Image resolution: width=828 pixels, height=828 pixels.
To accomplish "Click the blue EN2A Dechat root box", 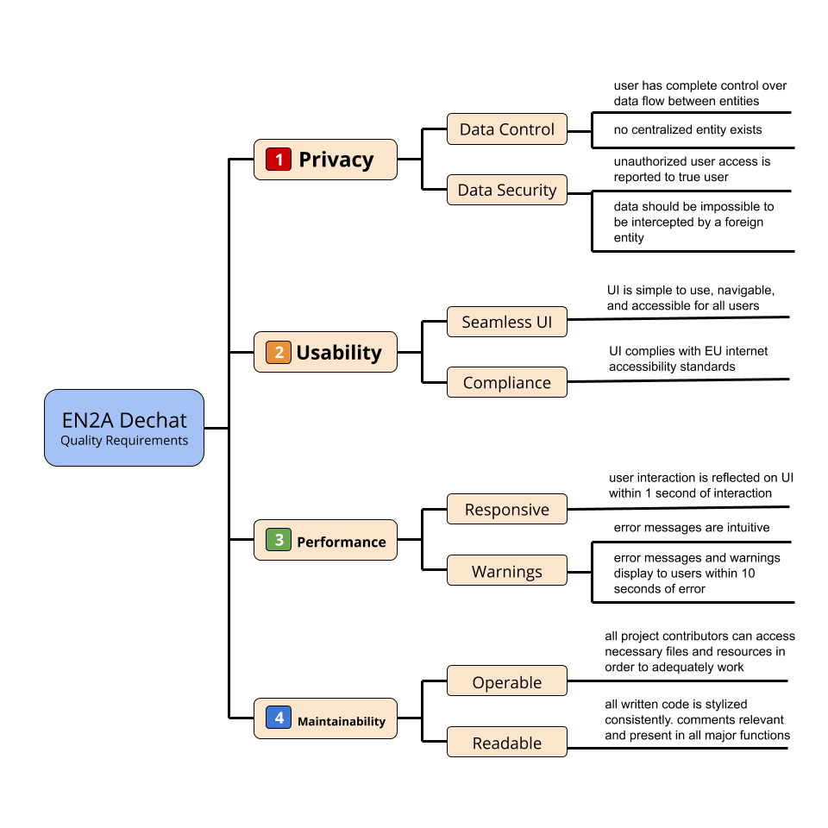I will click(x=124, y=428).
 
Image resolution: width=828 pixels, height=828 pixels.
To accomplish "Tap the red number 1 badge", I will click(x=279, y=160).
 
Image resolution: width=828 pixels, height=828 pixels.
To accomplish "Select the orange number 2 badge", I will click(x=279, y=352).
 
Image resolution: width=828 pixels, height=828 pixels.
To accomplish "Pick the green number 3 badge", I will click(x=279, y=541).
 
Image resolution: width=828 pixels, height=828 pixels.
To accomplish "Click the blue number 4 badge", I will click(x=279, y=718).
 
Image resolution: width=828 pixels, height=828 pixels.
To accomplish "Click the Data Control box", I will click(x=507, y=129).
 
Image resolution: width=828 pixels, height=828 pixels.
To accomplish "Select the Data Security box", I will click(x=507, y=190).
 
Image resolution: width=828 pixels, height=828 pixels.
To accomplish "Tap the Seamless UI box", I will click(x=507, y=322).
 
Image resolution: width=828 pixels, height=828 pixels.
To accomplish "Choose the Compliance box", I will click(x=507, y=382).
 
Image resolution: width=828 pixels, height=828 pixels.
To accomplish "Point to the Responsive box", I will click(x=507, y=509).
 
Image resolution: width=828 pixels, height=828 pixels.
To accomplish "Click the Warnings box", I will click(x=507, y=571).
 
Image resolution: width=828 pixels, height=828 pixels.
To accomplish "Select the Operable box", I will click(x=507, y=681).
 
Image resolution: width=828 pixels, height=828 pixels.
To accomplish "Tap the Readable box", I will click(x=507, y=743).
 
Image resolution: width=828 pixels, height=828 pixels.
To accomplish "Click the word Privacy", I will click(x=336, y=160).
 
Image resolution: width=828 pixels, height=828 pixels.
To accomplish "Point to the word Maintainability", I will click(x=342, y=721).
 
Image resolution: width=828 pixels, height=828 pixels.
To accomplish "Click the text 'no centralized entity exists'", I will click(x=688, y=130).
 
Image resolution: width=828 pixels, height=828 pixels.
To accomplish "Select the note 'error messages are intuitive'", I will click(x=692, y=527).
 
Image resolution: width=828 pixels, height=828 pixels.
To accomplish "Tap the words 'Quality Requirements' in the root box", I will click(x=124, y=441).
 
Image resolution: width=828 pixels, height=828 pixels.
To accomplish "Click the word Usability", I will click(x=339, y=352).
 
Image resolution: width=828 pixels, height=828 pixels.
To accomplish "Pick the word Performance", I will click(x=342, y=542).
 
